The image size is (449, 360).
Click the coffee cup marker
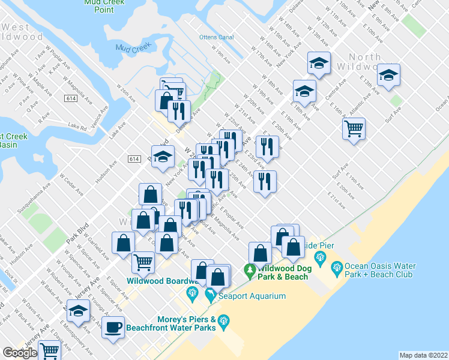tap(113, 328)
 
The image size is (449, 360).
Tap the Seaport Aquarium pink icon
tap(210, 296)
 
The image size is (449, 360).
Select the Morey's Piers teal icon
tap(224, 322)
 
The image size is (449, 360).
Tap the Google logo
tap(20, 353)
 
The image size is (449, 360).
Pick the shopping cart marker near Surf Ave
tap(354, 127)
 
